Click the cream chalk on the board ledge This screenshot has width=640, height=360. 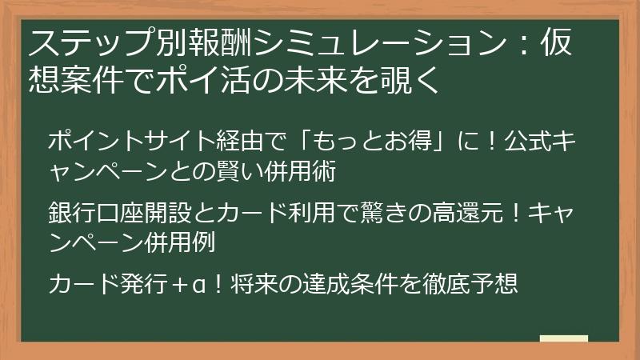click(563, 339)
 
